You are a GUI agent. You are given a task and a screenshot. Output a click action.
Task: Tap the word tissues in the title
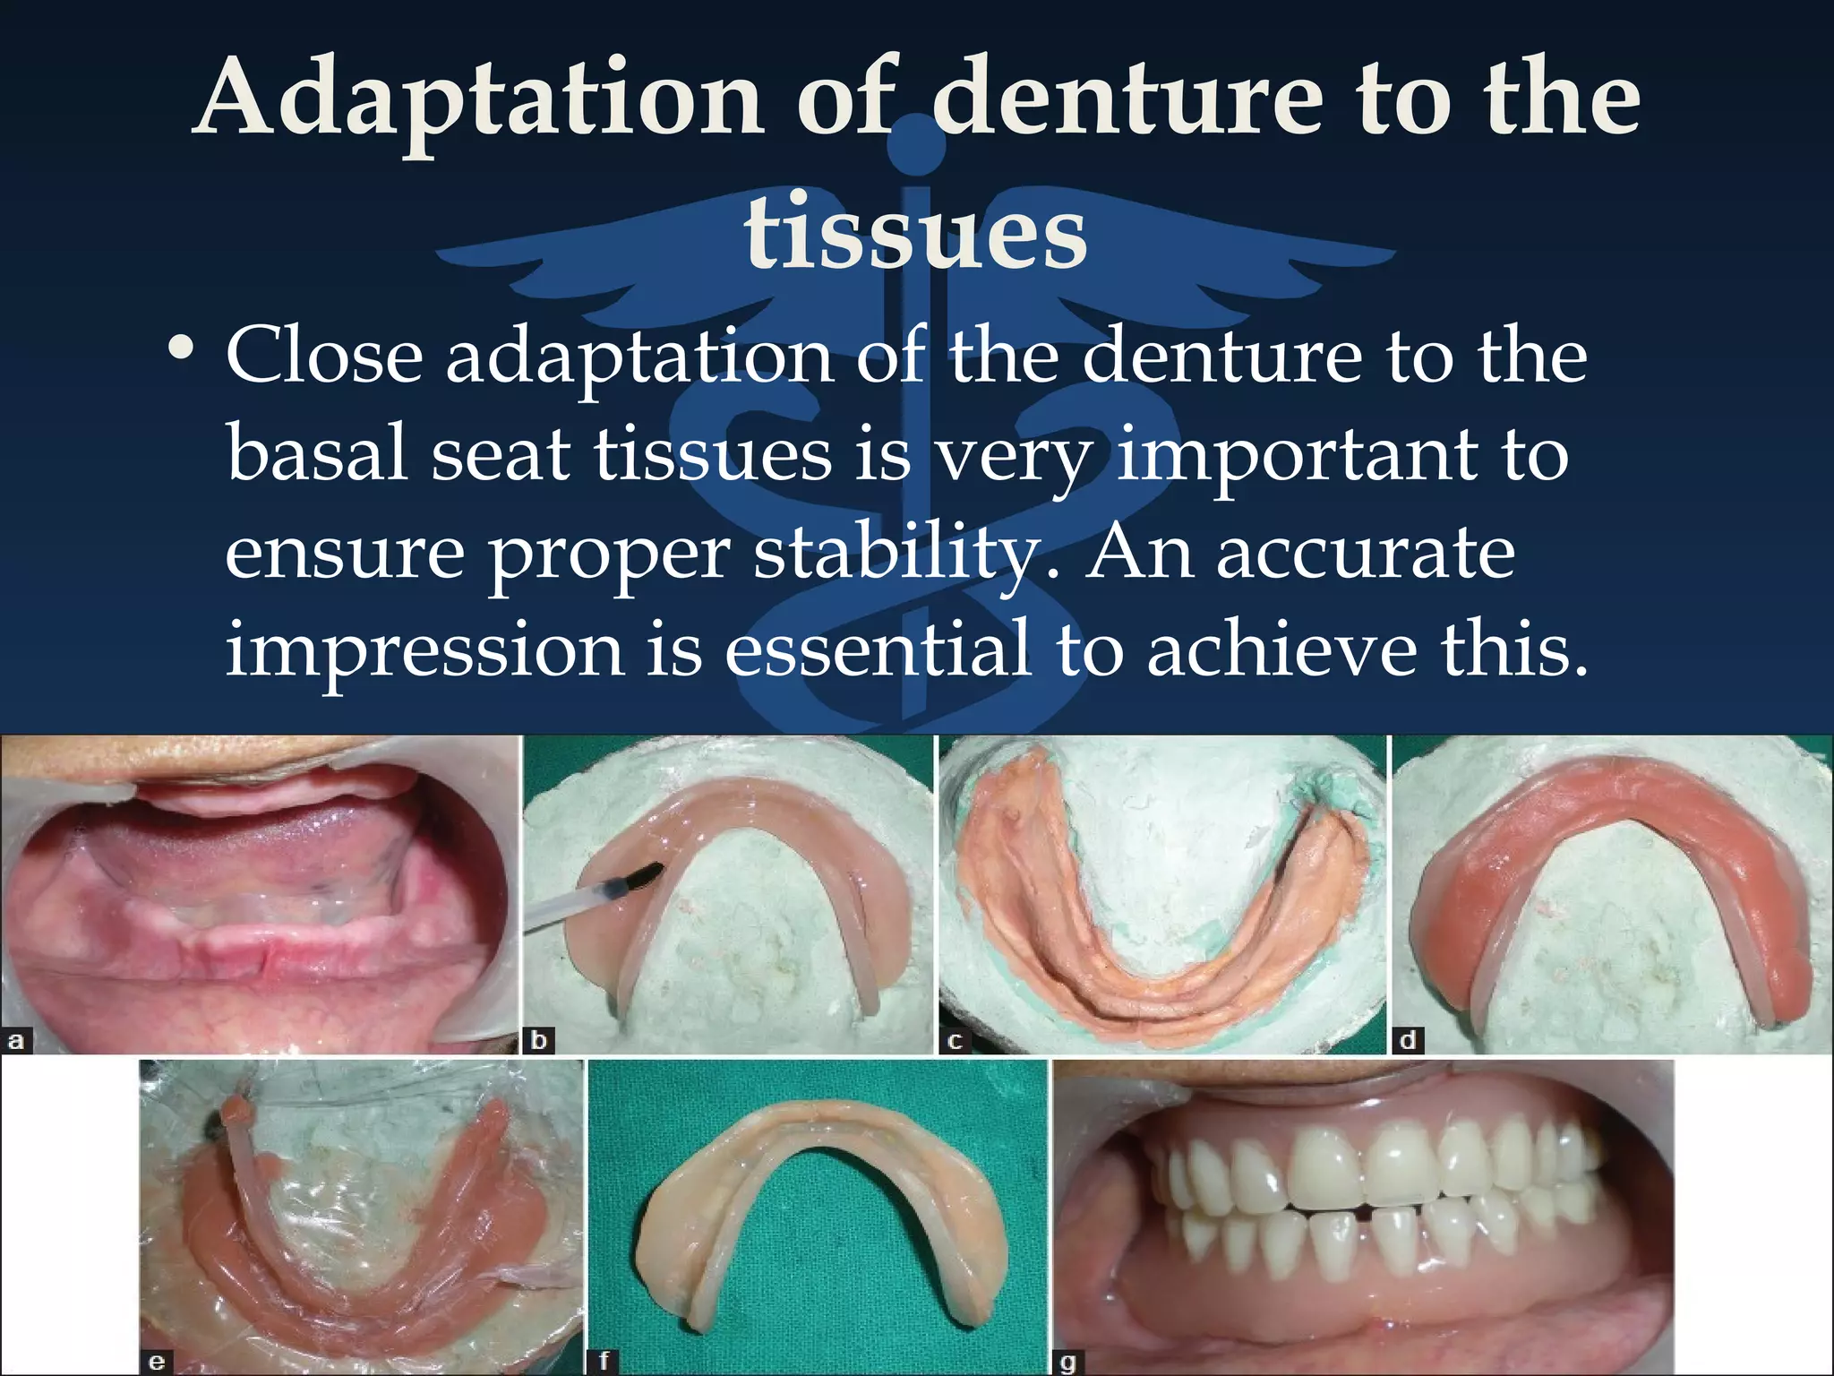click(x=915, y=231)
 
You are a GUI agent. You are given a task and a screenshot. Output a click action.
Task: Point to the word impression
click(x=424, y=649)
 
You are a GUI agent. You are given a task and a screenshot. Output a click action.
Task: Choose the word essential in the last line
click(x=877, y=649)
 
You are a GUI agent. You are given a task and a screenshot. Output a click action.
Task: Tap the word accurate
click(x=1365, y=553)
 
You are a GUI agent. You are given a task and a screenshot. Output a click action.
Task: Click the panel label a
click(x=16, y=1041)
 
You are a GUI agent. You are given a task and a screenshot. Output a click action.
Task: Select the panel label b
click(x=539, y=1041)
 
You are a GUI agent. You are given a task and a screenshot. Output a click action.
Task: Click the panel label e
click(x=156, y=1363)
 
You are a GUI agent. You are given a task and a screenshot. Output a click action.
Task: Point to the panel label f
click(x=604, y=1363)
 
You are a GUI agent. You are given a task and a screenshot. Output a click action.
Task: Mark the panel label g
click(x=1067, y=1363)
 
